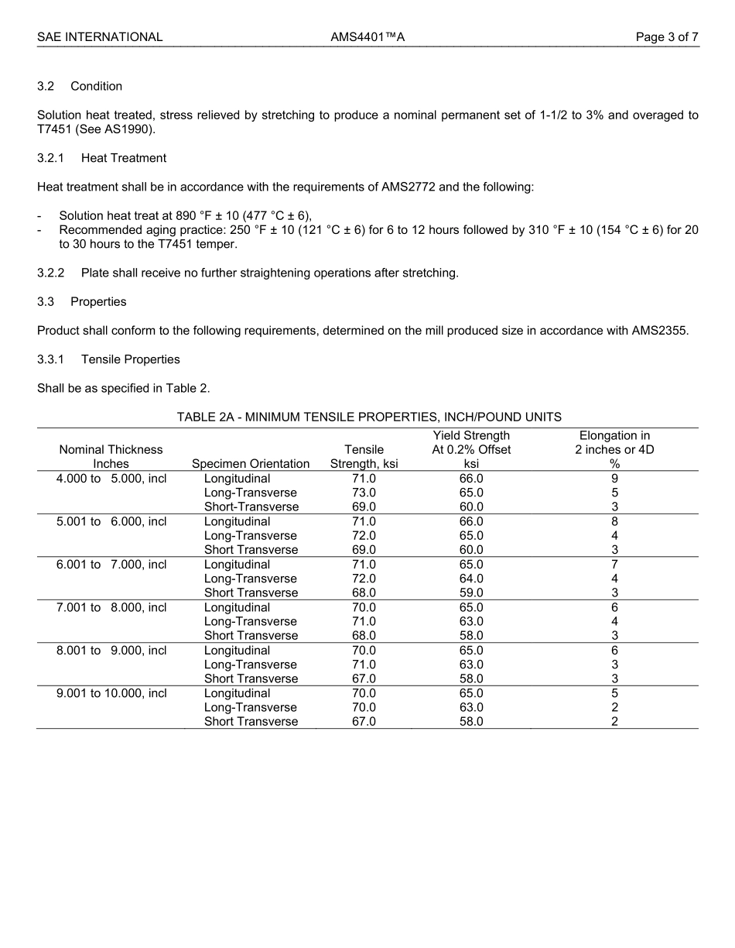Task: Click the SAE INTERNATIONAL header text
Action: (100, 36)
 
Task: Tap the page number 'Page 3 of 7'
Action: (667, 36)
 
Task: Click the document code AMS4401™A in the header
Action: (367, 36)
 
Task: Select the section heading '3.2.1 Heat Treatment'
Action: (101, 158)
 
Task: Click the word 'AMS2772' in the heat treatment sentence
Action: (407, 187)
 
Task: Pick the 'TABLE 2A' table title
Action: (369, 417)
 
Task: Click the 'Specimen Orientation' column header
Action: (251, 464)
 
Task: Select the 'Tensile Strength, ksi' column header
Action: (364, 457)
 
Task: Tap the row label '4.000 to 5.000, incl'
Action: (111, 479)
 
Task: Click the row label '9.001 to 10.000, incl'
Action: (111, 693)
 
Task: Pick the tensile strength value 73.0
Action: (364, 493)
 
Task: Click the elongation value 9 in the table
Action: (614, 479)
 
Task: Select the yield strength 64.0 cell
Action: (471, 579)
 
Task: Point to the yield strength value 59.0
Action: (471, 592)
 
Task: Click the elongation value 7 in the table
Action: (614, 565)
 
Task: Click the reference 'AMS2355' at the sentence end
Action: (663, 331)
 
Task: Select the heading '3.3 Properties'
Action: (82, 301)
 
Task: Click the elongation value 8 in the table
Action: (614, 521)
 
